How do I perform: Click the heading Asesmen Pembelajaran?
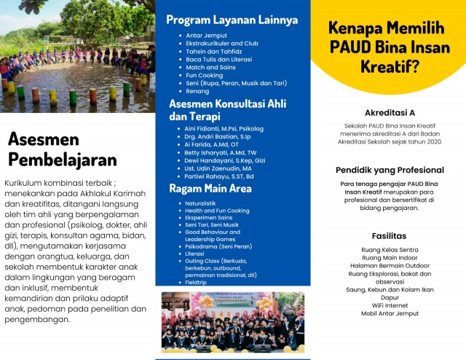pyautogui.click(x=62, y=149)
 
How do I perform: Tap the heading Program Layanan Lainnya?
pyautogui.click(x=232, y=20)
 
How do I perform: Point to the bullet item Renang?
pyautogui.click(x=197, y=93)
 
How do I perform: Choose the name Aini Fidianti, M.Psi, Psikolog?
pyautogui.click(x=223, y=129)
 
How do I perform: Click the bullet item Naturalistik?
pyautogui.click(x=201, y=203)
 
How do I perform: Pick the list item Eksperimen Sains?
pyautogui.click(x=210, y=217)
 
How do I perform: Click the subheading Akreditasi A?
pyautogui.click(x=390, y=112)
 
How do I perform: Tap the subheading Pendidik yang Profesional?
pyautogui.click(x=390, y=170)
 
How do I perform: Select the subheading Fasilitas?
pyautogui.click(x=390, y=236)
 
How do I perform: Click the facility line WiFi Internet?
pyautogui.click(x=390, y=305)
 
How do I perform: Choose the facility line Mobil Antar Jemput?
pyautogui.click(x=390, y=313)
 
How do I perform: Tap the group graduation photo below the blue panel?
pyautogui.click(x=233, y=322)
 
